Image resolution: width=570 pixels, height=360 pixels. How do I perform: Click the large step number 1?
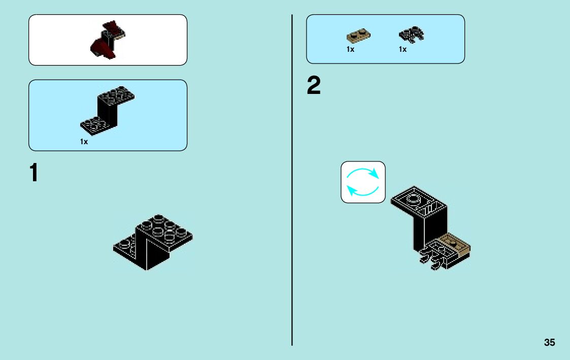click(x=33, y=173)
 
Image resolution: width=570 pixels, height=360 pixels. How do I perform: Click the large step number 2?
click(x=314, y=87)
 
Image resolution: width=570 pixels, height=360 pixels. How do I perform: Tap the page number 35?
click(x=549, y=342)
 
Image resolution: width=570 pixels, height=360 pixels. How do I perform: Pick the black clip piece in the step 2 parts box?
click(x=412, y=35)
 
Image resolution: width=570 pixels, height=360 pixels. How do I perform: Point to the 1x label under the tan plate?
click(x=350, y=50)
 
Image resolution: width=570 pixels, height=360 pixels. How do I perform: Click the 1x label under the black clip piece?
click(x=403, y=50)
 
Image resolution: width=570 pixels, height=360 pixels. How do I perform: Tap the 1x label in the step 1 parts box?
click(x=84, y=142)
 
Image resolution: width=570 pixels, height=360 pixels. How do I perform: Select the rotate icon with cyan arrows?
click(x=363, y=182)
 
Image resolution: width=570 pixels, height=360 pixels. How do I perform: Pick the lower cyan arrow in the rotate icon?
click(x=362, y=192)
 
